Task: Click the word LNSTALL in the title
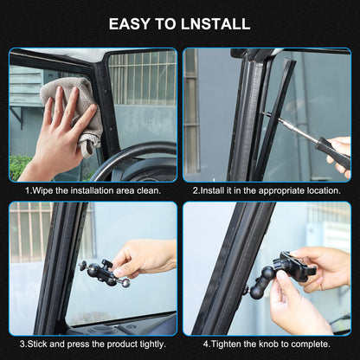[x=215, y=24]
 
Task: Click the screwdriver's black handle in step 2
[x=332, y=152]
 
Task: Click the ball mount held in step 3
[x=105, y=273]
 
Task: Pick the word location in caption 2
[x=324, y=190]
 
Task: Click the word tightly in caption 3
[x=153, y=344]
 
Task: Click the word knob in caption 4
[x=268, y=344]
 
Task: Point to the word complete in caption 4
[x=311, y=344]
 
